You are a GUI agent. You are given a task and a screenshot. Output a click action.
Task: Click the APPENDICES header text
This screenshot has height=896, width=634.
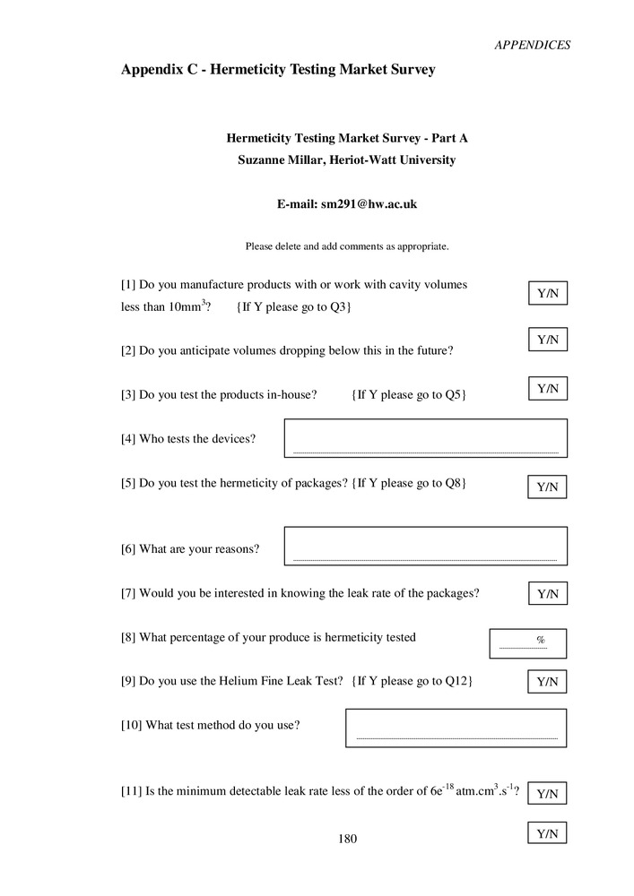coord(532,45)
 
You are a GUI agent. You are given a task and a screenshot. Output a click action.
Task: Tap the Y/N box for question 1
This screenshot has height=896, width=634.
coord(547,293)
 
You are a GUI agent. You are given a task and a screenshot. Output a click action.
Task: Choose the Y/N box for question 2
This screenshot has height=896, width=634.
coord(547,340)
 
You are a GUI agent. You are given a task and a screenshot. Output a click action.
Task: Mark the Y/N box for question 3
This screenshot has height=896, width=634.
coord(547,388)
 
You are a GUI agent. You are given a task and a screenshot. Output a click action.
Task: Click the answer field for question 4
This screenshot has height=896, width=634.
coord(425,438)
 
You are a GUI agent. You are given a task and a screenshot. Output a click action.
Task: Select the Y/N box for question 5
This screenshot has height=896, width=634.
coord(547,487)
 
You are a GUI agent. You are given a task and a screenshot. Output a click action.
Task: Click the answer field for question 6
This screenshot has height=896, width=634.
coord(425,546)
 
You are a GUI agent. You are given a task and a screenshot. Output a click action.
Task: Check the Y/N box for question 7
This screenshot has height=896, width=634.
coord(547,593)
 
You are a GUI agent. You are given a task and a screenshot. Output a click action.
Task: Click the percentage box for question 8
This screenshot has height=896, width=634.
coord(527,642)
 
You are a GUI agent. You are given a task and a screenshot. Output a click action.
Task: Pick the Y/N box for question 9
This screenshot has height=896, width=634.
coord(547,682)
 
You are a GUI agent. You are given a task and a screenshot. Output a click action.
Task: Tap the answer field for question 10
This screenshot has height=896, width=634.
coord(456,728)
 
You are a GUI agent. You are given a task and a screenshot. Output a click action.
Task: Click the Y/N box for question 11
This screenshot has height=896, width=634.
coord(547,793)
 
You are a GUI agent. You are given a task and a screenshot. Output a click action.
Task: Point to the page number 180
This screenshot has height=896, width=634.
coord(347,840)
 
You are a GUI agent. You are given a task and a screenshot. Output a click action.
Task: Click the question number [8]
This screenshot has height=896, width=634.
coord(128,637)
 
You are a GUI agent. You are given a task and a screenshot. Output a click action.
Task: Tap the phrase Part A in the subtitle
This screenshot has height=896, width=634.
coord(450,138)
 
